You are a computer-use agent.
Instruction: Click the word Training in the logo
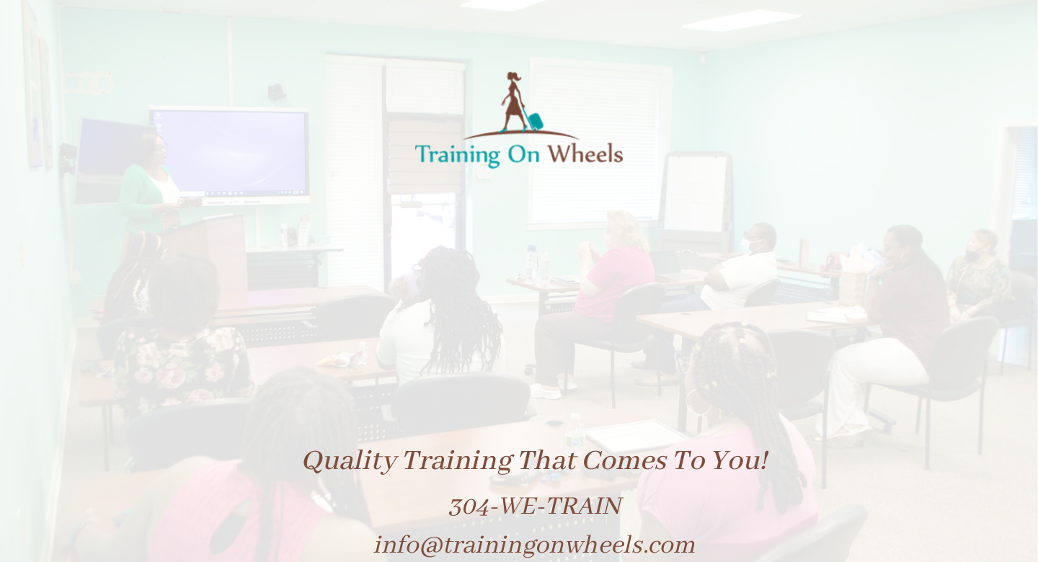click(457, 155)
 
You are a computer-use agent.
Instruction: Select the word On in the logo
click(524, 154)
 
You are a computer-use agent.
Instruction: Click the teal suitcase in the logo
click(535, 120)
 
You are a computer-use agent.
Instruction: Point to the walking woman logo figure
click(513, 102)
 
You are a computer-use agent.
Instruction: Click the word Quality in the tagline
click(350, 462)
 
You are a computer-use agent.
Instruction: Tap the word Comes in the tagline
click(624, 460)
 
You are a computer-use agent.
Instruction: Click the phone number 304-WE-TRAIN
click(535, 506)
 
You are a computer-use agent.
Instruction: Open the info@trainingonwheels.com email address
click(535, 545)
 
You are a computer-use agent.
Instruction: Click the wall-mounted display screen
click(230, 155)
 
